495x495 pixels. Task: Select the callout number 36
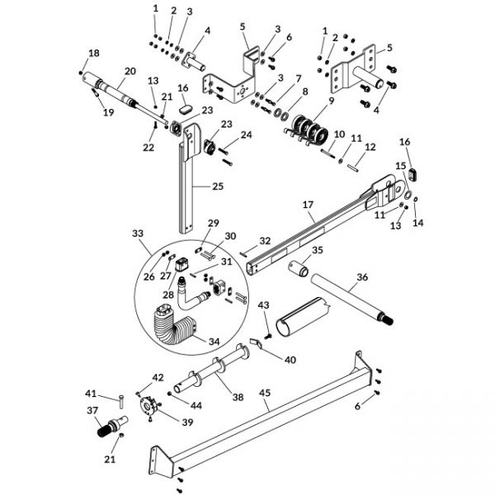coord(362,278)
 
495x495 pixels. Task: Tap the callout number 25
coord(218,186)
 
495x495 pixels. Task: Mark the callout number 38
coord(238,397)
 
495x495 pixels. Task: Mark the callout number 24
coord(247,134)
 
